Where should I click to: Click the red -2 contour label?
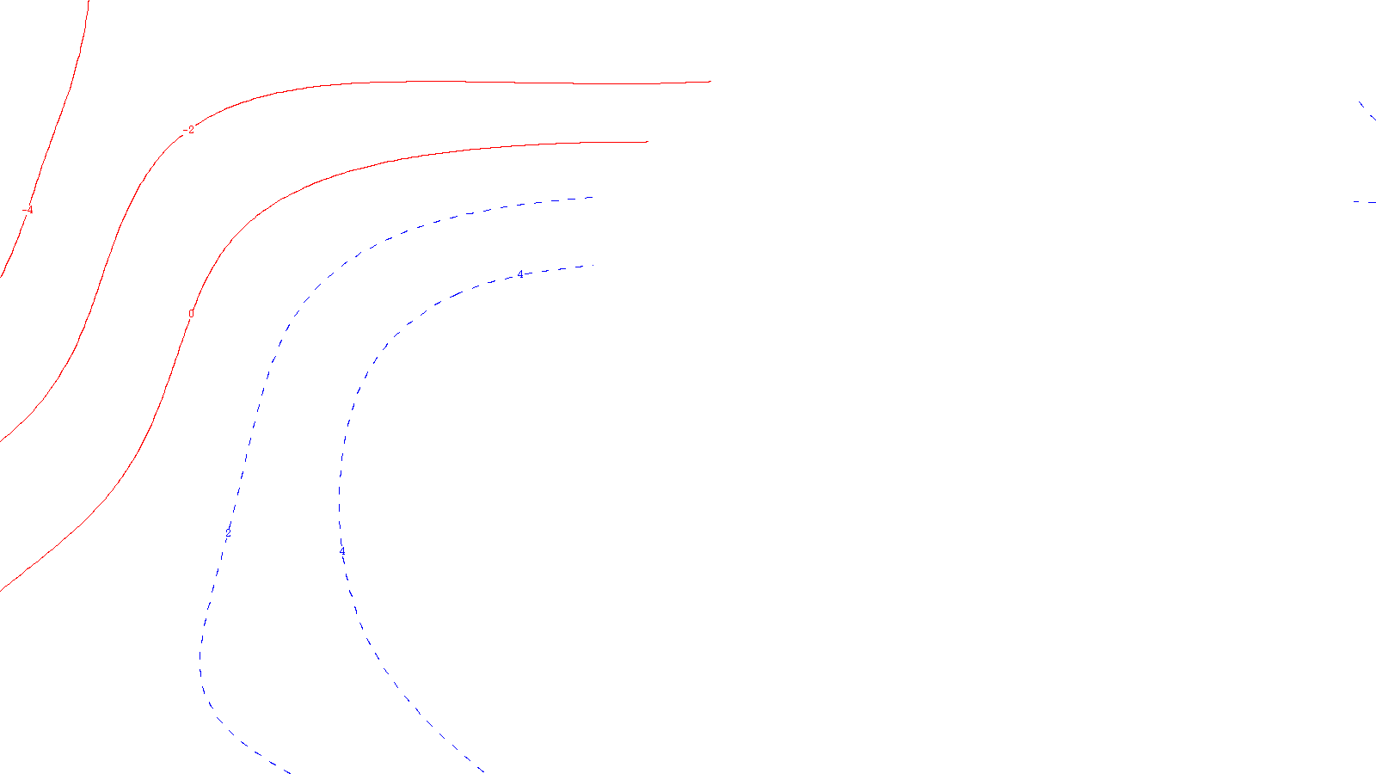tap(190, 130)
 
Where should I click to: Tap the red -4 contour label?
tap(28, 210)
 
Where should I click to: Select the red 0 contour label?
tap(191, 314)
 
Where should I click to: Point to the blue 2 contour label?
tap(228, 533)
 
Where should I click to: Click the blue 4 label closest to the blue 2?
tap(342, 552)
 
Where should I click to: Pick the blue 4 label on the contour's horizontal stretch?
tap(519, 274)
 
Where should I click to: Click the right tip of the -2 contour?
tap(710, 82)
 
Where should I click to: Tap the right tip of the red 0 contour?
tap(647, 142)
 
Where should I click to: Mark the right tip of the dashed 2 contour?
tap(592, 198)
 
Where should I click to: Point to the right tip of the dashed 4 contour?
tap(585, 267)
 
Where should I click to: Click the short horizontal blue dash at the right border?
tap(1364, 202)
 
